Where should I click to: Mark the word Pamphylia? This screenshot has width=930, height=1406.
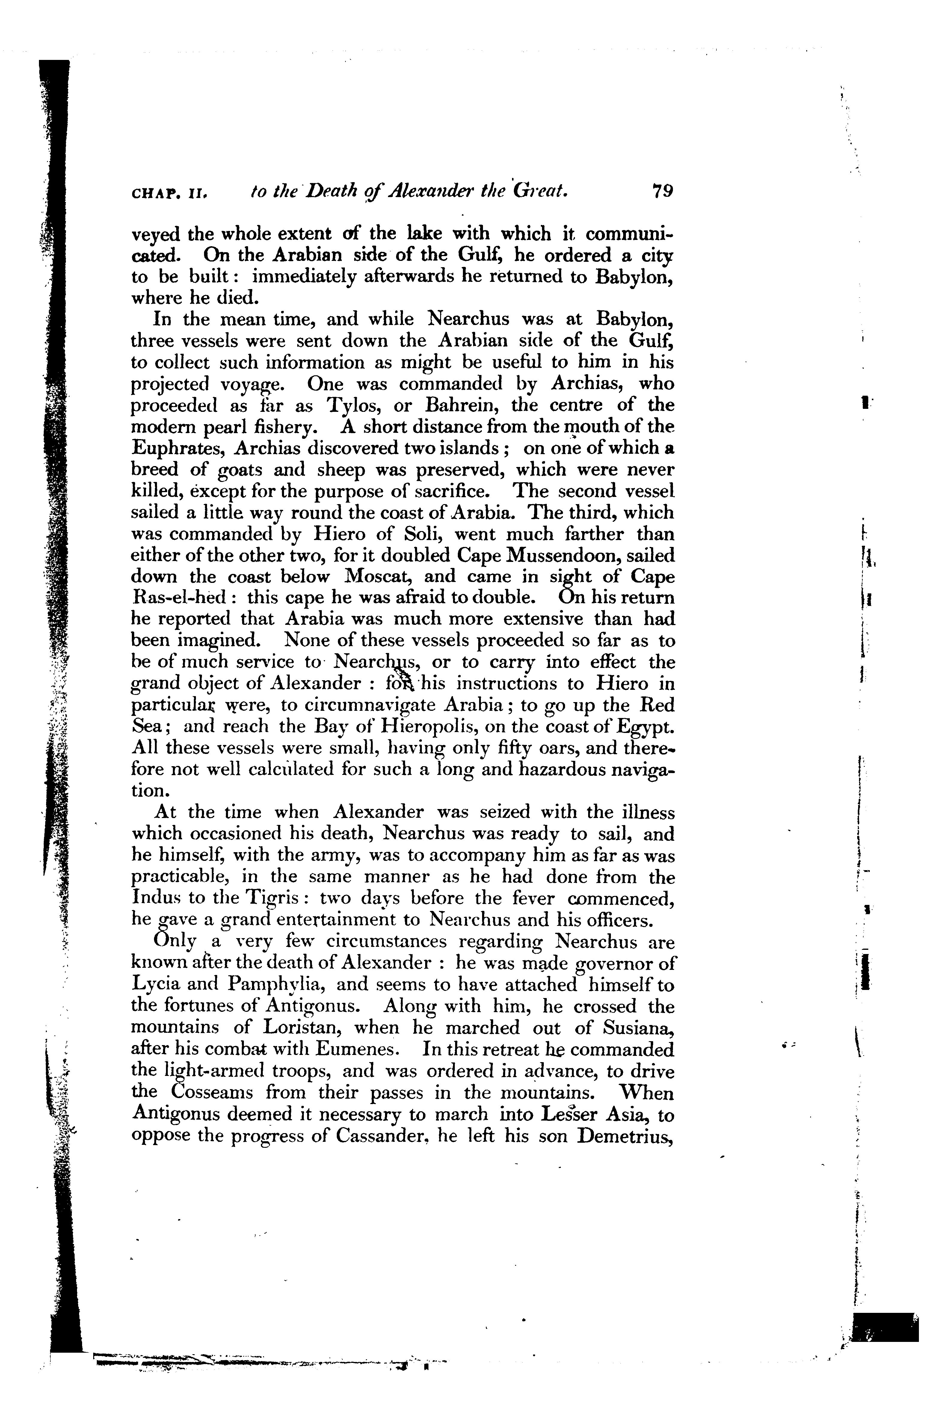(274, 985)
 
